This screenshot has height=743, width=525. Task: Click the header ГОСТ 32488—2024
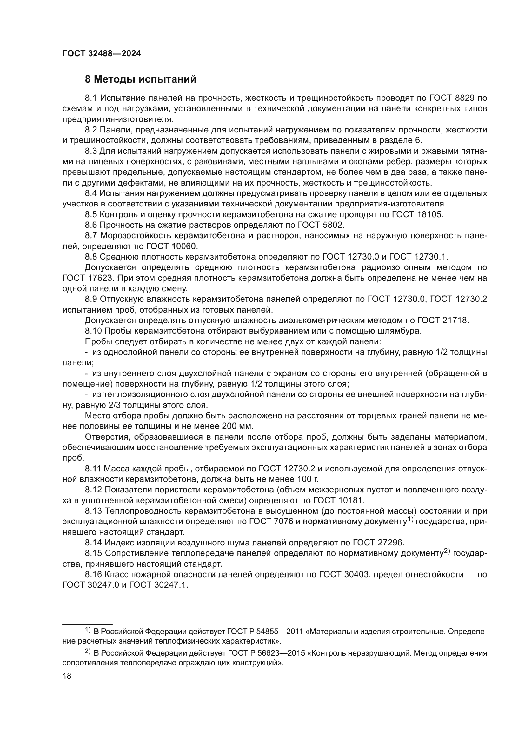click(102, 54)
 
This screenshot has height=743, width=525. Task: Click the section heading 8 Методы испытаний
click(141, 79)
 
